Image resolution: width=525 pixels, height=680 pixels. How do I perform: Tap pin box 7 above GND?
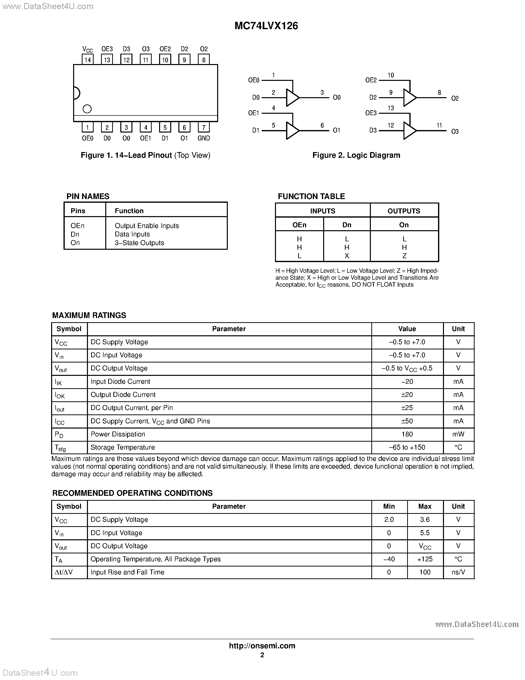tap(204, 127)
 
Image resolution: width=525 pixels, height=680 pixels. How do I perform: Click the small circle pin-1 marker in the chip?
tap(87, 109)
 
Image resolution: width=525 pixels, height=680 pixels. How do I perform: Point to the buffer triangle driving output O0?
tap(292, 98)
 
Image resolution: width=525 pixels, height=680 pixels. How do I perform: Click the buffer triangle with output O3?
tap(409, 131)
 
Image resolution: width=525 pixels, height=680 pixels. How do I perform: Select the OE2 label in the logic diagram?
tap(371, 80)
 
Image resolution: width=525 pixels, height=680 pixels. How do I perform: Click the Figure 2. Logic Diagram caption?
tap(356, 155)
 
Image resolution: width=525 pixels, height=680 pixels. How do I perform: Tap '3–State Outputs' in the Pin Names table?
tap(139, 243)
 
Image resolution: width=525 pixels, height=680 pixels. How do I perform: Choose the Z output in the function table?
tap(404, 256)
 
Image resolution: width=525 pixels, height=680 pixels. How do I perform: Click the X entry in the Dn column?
tap(347, 256)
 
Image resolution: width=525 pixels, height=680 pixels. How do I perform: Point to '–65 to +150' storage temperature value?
tap(407, 447)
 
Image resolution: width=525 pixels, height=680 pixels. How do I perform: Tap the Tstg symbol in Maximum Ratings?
tap(60, 448)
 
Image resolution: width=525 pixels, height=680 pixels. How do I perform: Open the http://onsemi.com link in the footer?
tap(262, 646)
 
